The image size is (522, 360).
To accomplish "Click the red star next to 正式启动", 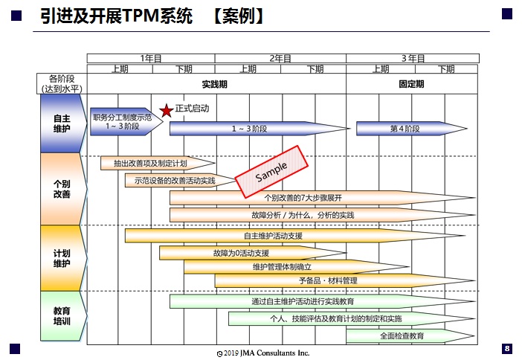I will [167, 111].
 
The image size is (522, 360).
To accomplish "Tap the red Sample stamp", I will [271, 172].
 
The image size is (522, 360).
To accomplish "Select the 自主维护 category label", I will [62, 123].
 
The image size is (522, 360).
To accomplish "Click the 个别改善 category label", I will [62, 188].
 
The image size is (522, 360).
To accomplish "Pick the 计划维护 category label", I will [62, 257].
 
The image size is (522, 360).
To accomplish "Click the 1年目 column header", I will [151, 58].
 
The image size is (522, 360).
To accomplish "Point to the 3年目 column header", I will [413, 58].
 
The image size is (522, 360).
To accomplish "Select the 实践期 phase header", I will [215, 84].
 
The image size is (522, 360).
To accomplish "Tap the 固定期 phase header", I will [411, 84].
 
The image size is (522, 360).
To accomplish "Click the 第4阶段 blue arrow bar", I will [406, 129].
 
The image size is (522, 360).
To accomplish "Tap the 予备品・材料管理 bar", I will [327, 280].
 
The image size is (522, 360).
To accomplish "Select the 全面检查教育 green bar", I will [406, 336].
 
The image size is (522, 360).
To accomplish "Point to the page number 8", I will [507, 348].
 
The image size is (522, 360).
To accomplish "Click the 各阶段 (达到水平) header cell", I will [62, 83].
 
